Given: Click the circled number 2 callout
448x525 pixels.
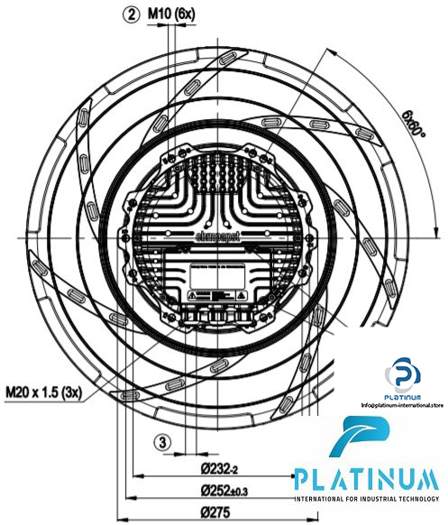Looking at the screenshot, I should coord(132,15).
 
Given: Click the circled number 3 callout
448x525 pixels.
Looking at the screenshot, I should coord(161,442).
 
